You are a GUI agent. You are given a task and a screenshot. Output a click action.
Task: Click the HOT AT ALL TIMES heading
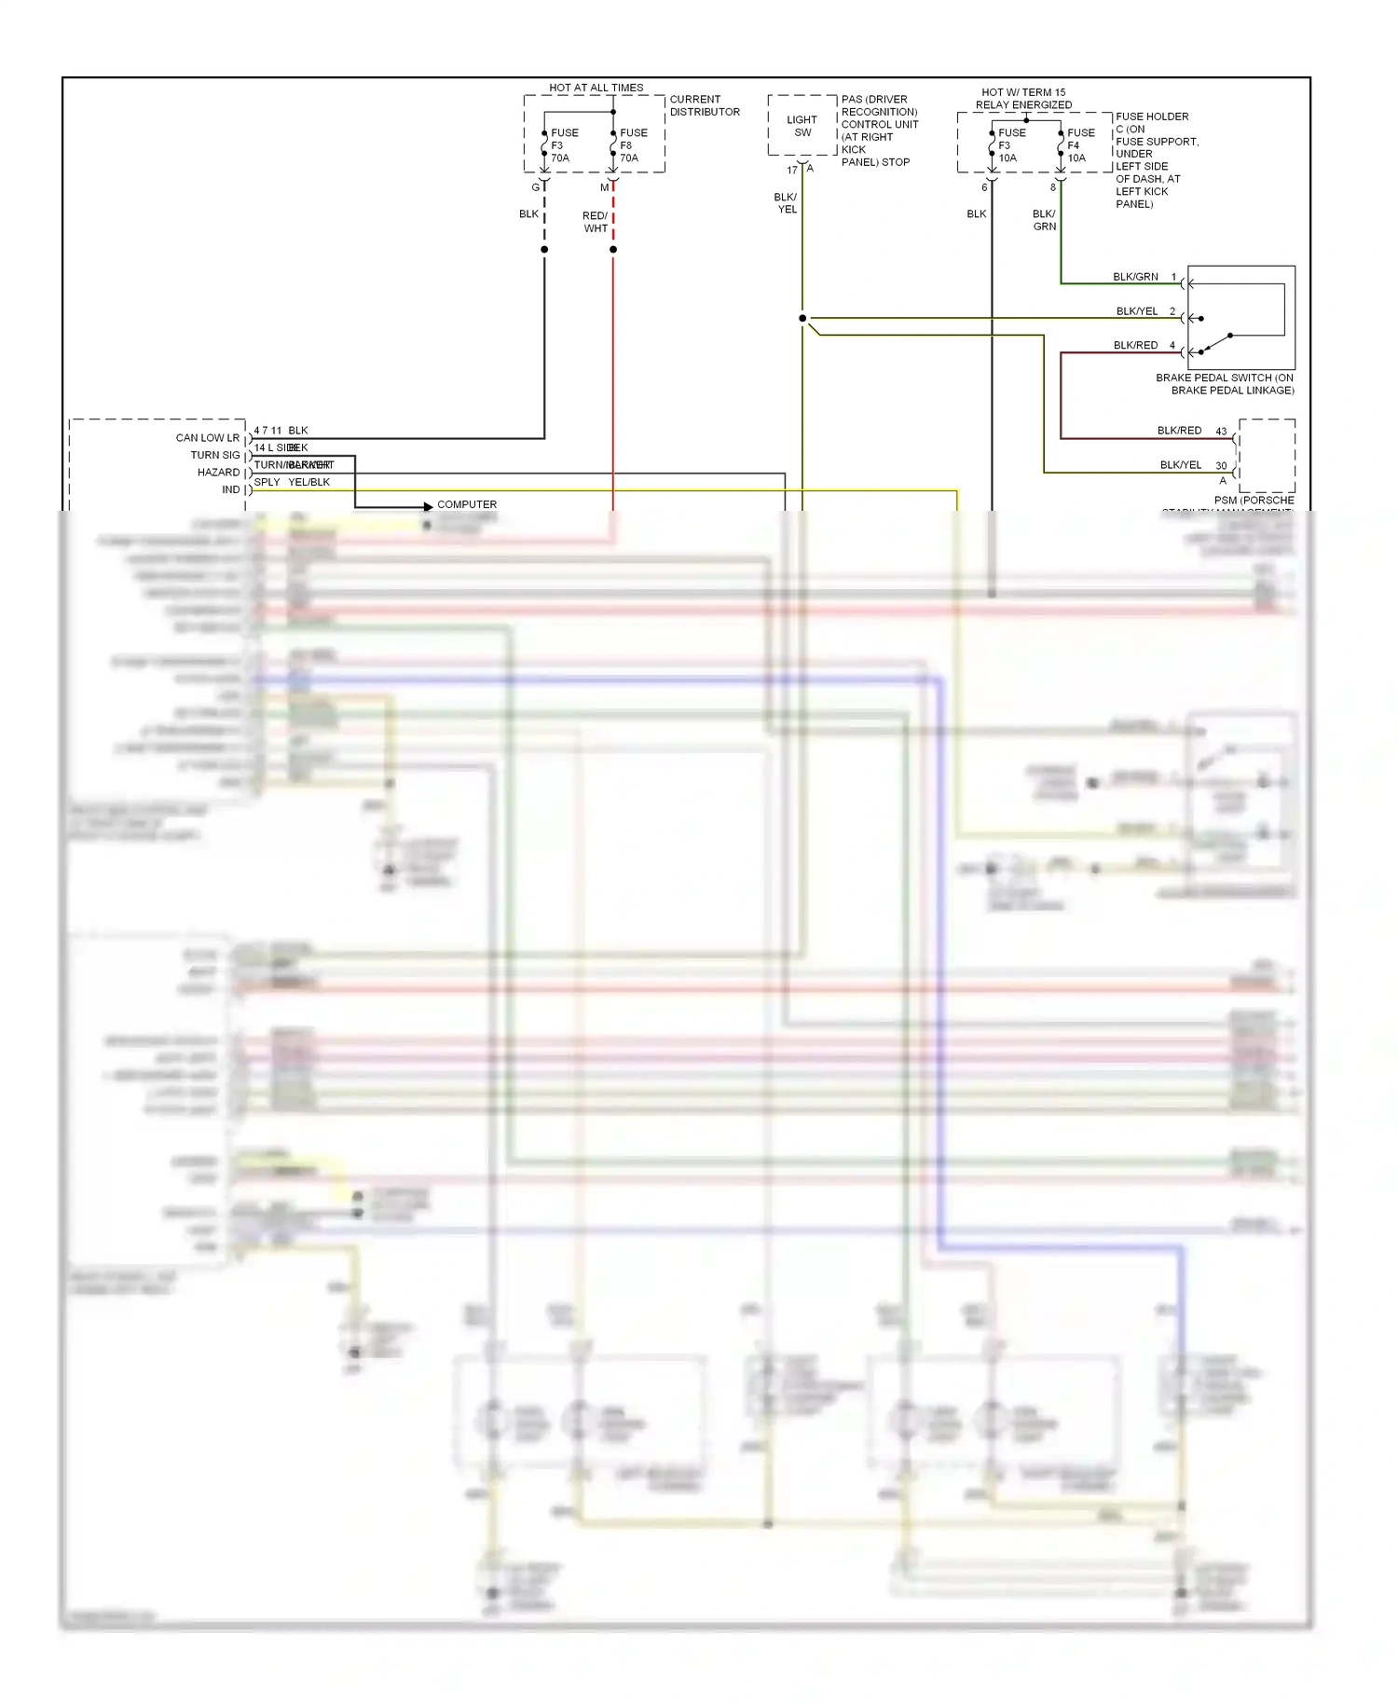click(x=596, y=88)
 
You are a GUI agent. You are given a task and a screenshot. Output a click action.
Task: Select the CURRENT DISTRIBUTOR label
click(x=704, y=105)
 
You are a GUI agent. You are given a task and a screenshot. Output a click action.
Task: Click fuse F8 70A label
click(x=633, y=145)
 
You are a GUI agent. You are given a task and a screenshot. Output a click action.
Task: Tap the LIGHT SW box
click(x=802, y=126)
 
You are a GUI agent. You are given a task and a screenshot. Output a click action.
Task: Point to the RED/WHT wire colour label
click(x=596, y=222)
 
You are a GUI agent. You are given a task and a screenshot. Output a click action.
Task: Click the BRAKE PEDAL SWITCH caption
click(x=1224, y=384)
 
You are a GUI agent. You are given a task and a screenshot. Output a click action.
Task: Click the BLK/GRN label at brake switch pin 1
click(x=1134, y=277)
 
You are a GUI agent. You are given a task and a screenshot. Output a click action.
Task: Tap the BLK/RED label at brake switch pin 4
click(x=1134, y=345)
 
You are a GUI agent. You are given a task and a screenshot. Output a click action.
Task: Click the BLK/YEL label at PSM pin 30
click(x=1180, y=464)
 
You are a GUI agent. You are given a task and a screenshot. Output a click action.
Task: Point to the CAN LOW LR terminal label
click(x=207, y=437)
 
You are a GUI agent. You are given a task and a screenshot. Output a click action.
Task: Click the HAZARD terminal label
click(x=218, y=472)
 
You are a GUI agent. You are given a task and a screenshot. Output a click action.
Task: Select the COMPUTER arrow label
click(x=467, y=504)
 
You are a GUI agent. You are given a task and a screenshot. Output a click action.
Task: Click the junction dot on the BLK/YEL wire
click(x=802, y=319)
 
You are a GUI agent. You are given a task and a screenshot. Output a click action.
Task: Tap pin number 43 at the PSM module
click(x=1221, y=431)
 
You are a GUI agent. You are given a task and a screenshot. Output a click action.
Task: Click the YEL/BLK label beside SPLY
click(x=308, y=482)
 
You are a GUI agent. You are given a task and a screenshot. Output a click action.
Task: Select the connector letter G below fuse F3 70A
click(x=536, y=187)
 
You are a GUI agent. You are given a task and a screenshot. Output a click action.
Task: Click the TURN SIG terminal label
click(x=214, y=455)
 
